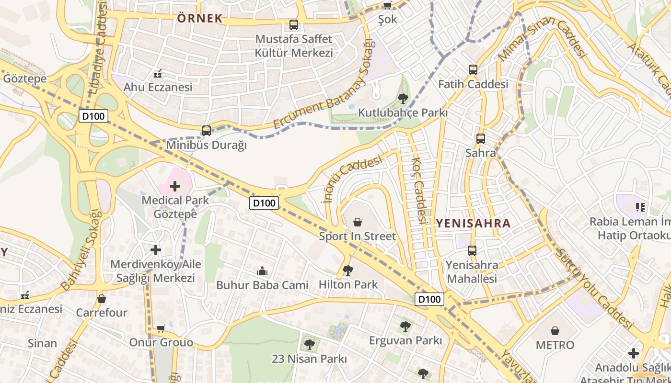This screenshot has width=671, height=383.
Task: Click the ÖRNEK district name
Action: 200,19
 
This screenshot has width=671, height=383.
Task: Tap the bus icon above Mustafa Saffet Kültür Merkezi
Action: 294,24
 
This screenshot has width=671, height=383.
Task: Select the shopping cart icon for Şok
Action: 387,5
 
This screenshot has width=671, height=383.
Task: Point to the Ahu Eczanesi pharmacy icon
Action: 157,74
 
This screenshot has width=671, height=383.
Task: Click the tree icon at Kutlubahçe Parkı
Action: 403,99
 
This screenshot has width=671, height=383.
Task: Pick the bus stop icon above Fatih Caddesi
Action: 473,70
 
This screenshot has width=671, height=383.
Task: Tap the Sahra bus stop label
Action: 480,153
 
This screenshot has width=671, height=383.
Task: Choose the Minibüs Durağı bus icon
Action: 207,130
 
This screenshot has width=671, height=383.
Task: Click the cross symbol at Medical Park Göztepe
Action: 175,186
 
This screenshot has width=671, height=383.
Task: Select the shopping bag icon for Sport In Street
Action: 357,222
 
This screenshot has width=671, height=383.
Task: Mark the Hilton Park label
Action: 348,284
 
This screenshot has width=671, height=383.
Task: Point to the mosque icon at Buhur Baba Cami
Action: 262,271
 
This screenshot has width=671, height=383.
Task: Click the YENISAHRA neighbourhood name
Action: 473,223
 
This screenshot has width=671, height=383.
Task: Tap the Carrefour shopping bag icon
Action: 101,299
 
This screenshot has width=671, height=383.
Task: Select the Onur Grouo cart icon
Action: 161,329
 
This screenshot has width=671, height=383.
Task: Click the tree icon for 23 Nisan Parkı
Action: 309,344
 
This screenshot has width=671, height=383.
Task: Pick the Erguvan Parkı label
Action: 405,340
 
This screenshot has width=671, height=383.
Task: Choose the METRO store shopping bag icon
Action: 555,331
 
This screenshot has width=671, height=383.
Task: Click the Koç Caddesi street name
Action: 418,191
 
